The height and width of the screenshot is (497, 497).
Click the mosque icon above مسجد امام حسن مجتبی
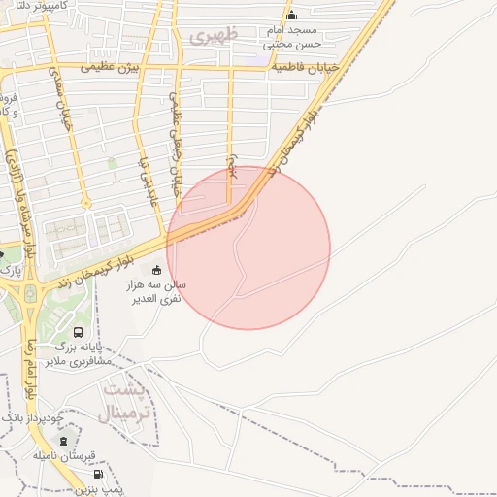(x=292, y=16)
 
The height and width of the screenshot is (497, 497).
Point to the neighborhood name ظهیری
(x=213, y=37)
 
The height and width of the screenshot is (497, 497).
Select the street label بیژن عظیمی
(x=110, y=68)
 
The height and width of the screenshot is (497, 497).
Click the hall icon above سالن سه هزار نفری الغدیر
(x=158, y=269)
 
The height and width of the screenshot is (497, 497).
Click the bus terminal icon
(x=78, y=332)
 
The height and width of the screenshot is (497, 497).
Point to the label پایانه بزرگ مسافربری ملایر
(x=83, y=352)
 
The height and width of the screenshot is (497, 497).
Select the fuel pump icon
(x=97, y=474)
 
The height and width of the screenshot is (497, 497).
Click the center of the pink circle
(x=248, y=248)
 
